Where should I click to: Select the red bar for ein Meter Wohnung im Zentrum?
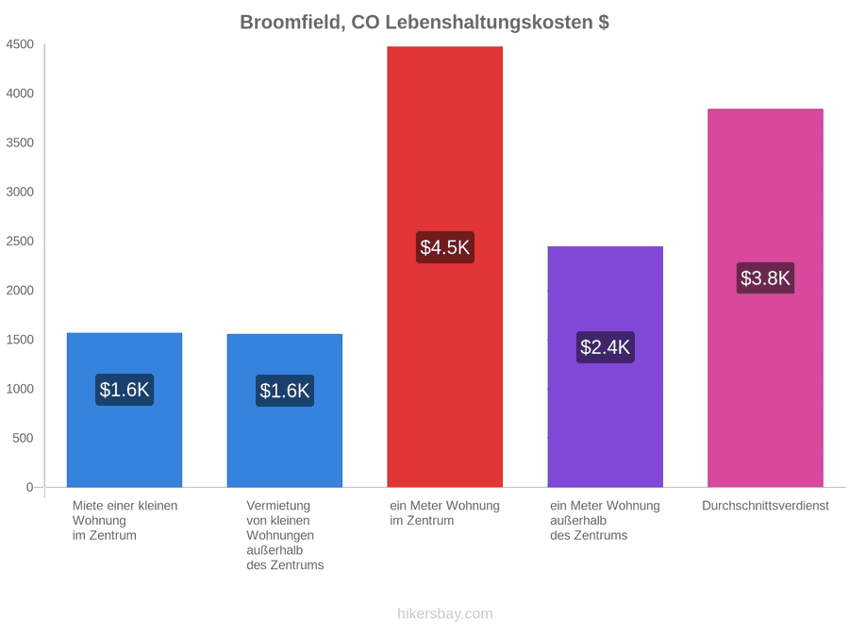click(444, 266)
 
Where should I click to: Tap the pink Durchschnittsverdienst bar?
click(765, 298)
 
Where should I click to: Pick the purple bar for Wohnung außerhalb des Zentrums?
click(605, 367)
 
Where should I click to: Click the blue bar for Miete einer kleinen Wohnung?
click(124, 411)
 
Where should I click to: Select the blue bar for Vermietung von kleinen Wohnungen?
click(284, 411)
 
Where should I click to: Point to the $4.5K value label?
click(444, 247)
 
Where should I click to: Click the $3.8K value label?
click(765, 277)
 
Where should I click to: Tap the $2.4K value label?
click(605, 347)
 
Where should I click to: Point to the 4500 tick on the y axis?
click(20, 44)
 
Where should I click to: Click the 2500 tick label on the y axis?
click(20, 241)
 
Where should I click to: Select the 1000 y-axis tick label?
click(20, 389)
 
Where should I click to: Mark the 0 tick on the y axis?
click(30, 488)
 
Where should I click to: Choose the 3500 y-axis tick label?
click(20, 142)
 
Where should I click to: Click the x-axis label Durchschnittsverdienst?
click(765, 506)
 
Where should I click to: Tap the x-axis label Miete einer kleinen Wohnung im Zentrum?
click(125, 521)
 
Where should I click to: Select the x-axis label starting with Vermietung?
click(285, 535)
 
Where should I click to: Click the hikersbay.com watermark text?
click(444, 613)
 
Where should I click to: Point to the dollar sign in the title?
click(604, 23)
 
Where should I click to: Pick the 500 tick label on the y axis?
click(23, 438)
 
